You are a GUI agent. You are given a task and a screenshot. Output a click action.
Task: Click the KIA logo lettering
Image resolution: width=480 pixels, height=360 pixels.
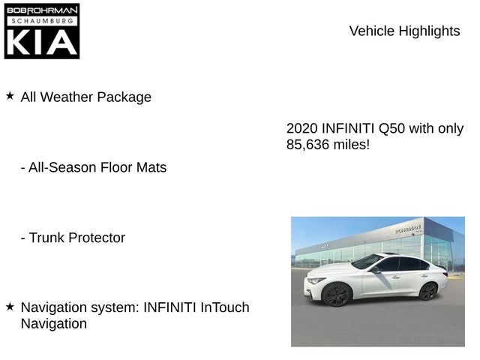pyautogui.click(x=42, y=43)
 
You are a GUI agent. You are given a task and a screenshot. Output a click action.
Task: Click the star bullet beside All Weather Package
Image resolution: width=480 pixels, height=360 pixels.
pyautogui.click(x=10, y=96)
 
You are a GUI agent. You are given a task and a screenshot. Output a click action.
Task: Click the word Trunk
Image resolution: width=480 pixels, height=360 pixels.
pyautogui.click(x=46, y=238)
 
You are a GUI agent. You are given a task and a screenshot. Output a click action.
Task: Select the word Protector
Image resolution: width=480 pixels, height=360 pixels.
pyautogui.click(x=97, y=238)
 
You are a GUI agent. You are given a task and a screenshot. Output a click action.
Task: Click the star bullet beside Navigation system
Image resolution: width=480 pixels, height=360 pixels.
pyautogui.click(x=10, y=306)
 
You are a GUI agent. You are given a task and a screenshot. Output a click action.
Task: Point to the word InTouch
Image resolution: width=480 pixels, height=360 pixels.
pyautogui.click(x=224, y=307)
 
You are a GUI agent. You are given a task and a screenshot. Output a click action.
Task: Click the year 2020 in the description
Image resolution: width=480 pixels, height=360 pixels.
pyautogui.click(x=302, y=128)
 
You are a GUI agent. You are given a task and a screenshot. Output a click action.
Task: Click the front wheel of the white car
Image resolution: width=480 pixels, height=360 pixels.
pyautogui.click(x=337, y=295)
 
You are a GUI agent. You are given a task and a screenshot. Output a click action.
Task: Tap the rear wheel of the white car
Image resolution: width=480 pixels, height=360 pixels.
pyautogui.click(x=427, y=291)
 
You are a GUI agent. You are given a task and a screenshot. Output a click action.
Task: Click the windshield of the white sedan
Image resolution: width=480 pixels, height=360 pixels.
pyautogui.click(x=367, y=262)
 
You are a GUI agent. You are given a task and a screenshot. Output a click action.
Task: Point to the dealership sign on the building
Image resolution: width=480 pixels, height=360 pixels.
pyautogui.click(x=409, y=229)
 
